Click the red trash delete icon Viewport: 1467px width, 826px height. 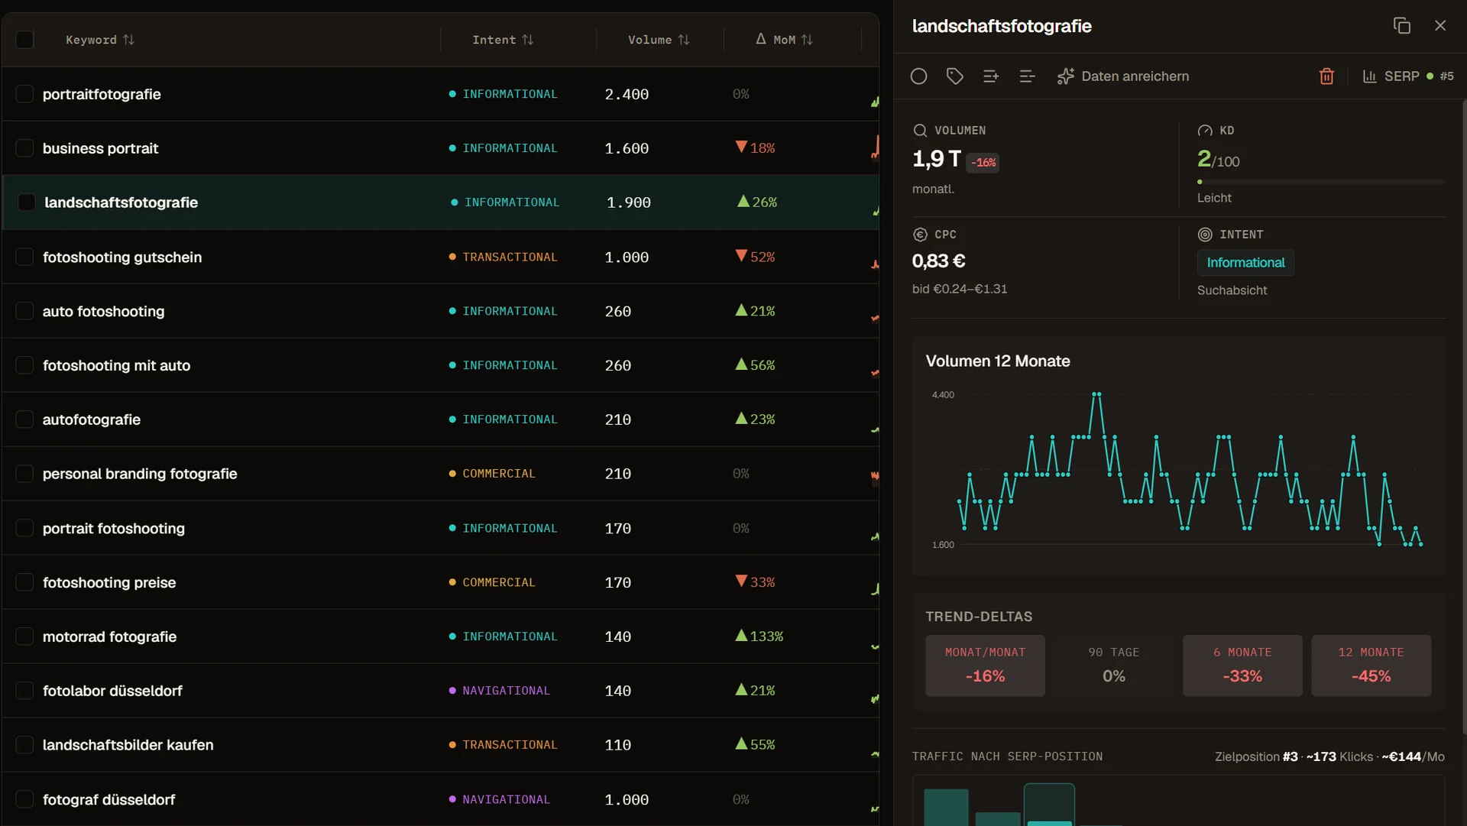(x=1326, y=76)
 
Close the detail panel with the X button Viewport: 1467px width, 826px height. (x=1440, y=26)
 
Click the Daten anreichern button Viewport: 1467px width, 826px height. (x=1122, y=76)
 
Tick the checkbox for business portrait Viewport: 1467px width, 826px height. (x=24, y=148)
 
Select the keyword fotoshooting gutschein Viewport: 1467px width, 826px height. (x=122, y=258)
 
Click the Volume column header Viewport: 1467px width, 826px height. (x=659, y=40)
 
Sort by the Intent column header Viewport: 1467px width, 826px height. (x=503, y=40)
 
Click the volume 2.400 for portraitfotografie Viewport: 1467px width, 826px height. (x=627, y=95)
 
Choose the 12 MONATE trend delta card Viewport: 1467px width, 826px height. (x=1371, y=666)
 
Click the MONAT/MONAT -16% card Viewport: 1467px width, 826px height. (x=985, y=666)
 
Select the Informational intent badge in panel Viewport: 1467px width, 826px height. (x=1245, y=263)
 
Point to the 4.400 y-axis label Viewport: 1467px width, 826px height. (x=943, y=395)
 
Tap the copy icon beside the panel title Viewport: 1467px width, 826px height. (x=1402, y=26)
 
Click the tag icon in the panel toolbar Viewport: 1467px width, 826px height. (x=954, y=76)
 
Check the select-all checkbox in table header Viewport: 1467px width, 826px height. (x=24, y=40)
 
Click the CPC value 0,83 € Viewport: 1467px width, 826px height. (x=938, y=261)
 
